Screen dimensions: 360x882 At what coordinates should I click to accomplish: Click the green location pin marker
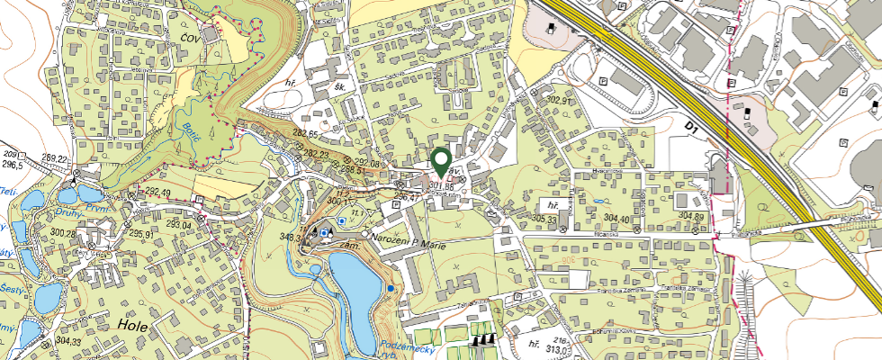(x=441, y=162)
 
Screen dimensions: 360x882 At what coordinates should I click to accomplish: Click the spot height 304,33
(x=68, y=341)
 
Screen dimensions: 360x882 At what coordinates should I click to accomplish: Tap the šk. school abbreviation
(x=340, y=87)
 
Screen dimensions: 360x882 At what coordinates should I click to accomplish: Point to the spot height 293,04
(x=173, y=224)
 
